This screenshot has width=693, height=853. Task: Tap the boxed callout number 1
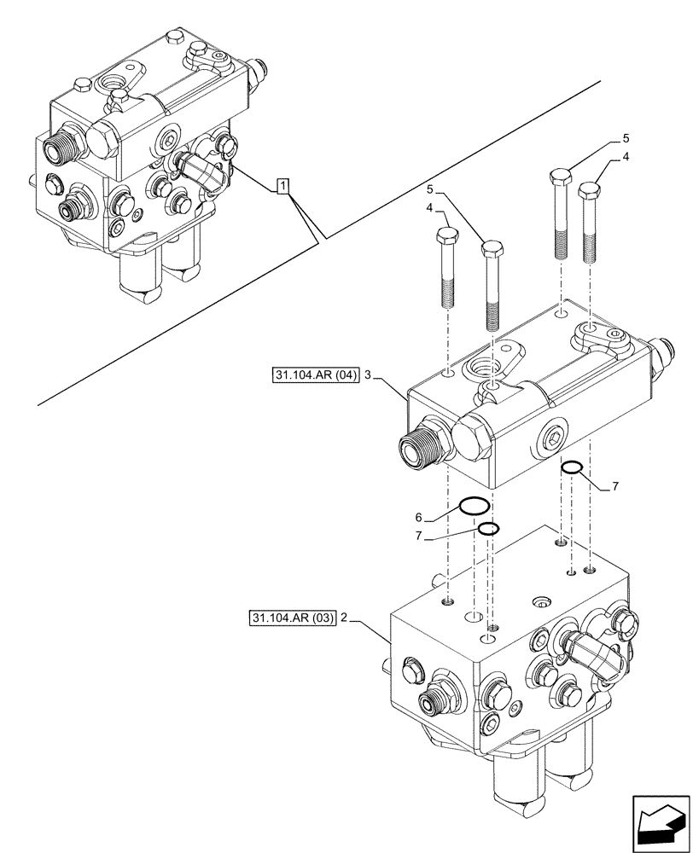[283, 185]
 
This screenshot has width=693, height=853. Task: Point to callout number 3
[366, 374]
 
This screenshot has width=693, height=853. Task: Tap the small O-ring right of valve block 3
[572, 467]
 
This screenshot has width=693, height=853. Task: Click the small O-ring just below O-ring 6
[486, 530]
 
